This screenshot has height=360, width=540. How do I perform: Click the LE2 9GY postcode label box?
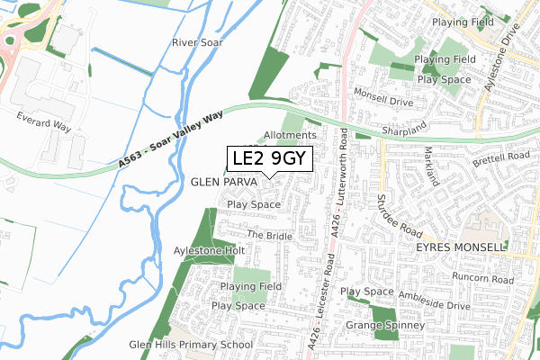pyautogui.click(x=269, y=159)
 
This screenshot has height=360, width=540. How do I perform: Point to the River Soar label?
pyautogui.click(x=195, y=42)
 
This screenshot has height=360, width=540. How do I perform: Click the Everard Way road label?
pyautogui.click(x=43, y=121)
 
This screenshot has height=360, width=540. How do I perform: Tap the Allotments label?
pyautogui.click(x=290, y=135)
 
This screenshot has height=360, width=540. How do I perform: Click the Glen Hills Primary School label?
pyautogui.click(x=191, y=345)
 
